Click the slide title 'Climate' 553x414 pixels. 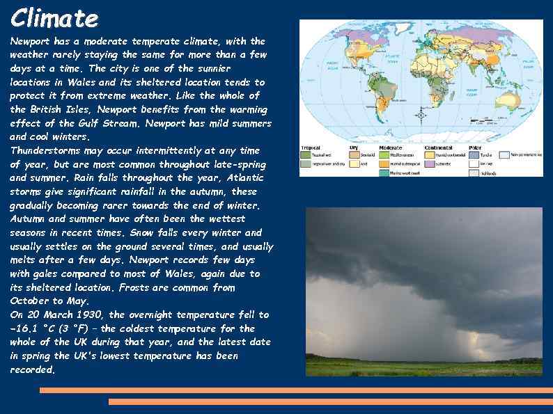tap(54, 17)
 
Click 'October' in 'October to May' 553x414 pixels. tap(29, 301)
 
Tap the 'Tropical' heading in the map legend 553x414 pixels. tap(311, 148)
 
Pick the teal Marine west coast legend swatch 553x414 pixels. tap(384, 173)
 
